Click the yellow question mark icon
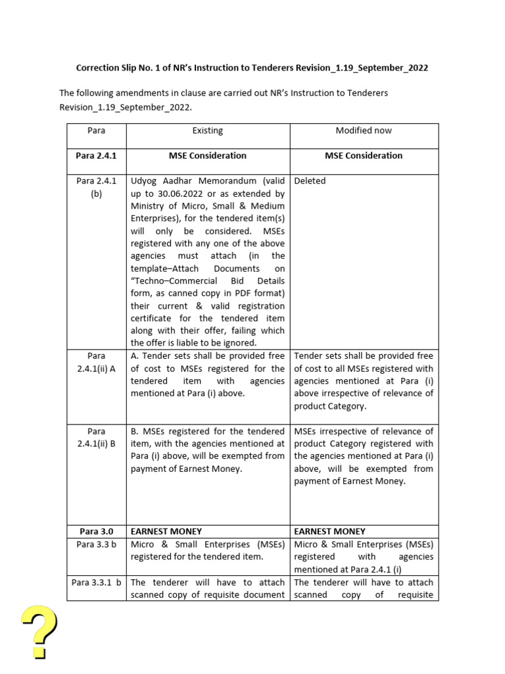(38, 631)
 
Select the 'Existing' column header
(207, 131)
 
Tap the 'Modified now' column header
(364, 131)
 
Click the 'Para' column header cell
(96, 131)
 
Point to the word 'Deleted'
(310, 181)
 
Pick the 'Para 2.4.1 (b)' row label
(96, 188)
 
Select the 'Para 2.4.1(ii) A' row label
(96, 362)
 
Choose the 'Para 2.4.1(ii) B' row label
(96, 438)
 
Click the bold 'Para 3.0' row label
(96, 531)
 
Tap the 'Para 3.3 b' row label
(96, 544)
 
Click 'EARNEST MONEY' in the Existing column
(166, 531)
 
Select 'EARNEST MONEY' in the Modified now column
(329, 531)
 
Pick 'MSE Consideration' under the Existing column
(207, 156)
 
